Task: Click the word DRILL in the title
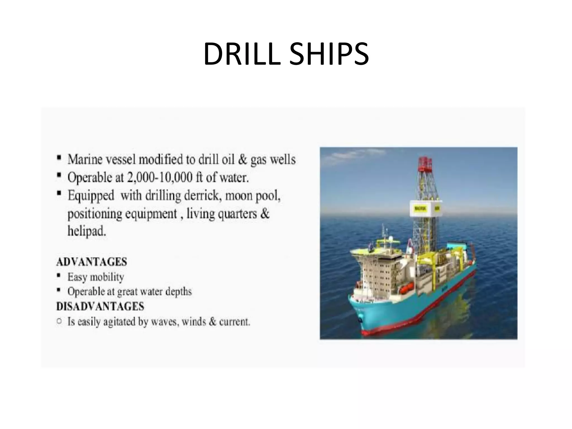(x=242, y=54)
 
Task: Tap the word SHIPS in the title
(x=329, y=54)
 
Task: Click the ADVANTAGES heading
(x=92, y=262)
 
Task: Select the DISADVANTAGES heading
(x=100, y=307)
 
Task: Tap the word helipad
(x=87, y=231)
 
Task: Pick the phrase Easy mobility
(x=96, y=277)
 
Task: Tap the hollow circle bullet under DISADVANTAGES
(x=59, y=321)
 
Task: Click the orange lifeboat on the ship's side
(x=405, y=290)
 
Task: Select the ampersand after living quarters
(x=265, y=213)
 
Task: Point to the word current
(x=234, y=322)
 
